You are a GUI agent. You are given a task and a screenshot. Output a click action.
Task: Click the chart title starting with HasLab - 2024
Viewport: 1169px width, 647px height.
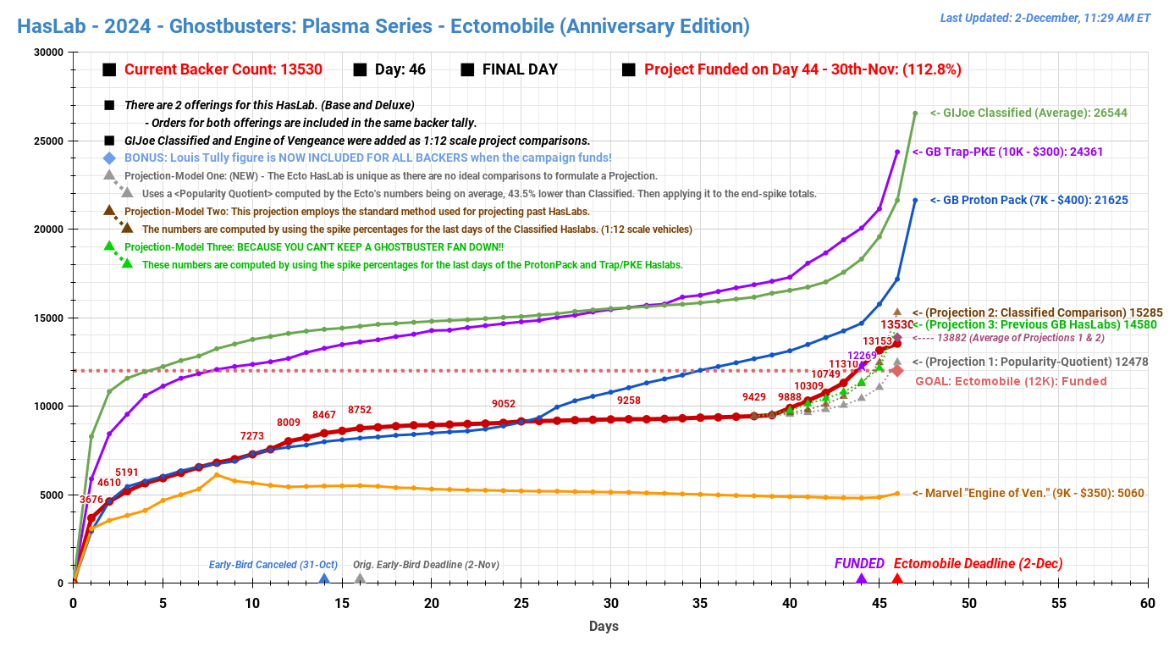(x=383, y=26)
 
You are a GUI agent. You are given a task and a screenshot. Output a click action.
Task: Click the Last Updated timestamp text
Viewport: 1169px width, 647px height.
(x=1045, y=18)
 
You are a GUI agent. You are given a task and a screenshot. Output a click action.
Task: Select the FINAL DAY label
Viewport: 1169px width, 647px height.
(x=520, y=69)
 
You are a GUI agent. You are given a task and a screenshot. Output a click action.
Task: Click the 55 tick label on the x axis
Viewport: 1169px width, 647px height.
(x=1058, y=603)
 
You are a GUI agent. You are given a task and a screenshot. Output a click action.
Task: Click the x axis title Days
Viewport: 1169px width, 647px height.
(x=604, y=627)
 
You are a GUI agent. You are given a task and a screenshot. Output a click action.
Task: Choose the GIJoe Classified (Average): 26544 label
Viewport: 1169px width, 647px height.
(x=1028, y=113)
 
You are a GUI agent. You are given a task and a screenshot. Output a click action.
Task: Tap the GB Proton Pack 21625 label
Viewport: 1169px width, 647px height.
(x=1028, y=200)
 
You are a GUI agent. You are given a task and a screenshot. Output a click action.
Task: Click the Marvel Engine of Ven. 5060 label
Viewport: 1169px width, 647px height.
(x=1028, y=493)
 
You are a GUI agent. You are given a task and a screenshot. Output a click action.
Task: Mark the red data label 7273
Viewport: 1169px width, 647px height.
(x=251, y=436)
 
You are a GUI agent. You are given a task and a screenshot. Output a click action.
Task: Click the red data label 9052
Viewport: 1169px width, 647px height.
(x=504, y=404)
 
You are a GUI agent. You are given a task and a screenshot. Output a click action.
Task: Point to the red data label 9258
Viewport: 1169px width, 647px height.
(x=629, y=400)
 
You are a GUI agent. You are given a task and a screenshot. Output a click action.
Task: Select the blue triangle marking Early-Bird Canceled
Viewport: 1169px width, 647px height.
(x=323, y=579)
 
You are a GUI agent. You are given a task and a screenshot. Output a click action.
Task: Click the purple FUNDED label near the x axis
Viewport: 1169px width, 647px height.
(x=859, y=564)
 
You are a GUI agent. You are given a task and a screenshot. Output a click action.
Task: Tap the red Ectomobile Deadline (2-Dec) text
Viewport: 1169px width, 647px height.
(x=978, y=564)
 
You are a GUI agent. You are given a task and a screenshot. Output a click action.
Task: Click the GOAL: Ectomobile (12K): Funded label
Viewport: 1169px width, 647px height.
(x=1011, y=381)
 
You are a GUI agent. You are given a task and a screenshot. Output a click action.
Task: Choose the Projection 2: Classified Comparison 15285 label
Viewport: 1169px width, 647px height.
(x=1035, y=312)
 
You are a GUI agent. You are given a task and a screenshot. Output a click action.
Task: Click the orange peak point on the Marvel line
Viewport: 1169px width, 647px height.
(x=217, y=475)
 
